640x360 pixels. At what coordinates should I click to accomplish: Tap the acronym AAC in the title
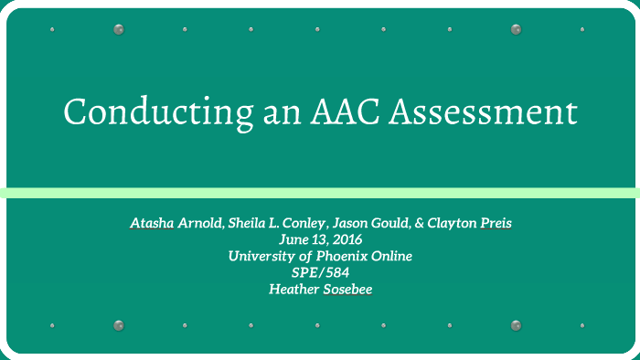point(343,112)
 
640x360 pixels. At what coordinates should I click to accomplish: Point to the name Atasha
point(151,223)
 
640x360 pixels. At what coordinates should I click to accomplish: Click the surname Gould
point(402,223)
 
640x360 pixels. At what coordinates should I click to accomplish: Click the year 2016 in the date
point(343,239)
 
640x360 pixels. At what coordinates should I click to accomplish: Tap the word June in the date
point(294,239)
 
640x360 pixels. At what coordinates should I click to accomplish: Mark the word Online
point(391,256)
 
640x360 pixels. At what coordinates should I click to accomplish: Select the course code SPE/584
point(320,272)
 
